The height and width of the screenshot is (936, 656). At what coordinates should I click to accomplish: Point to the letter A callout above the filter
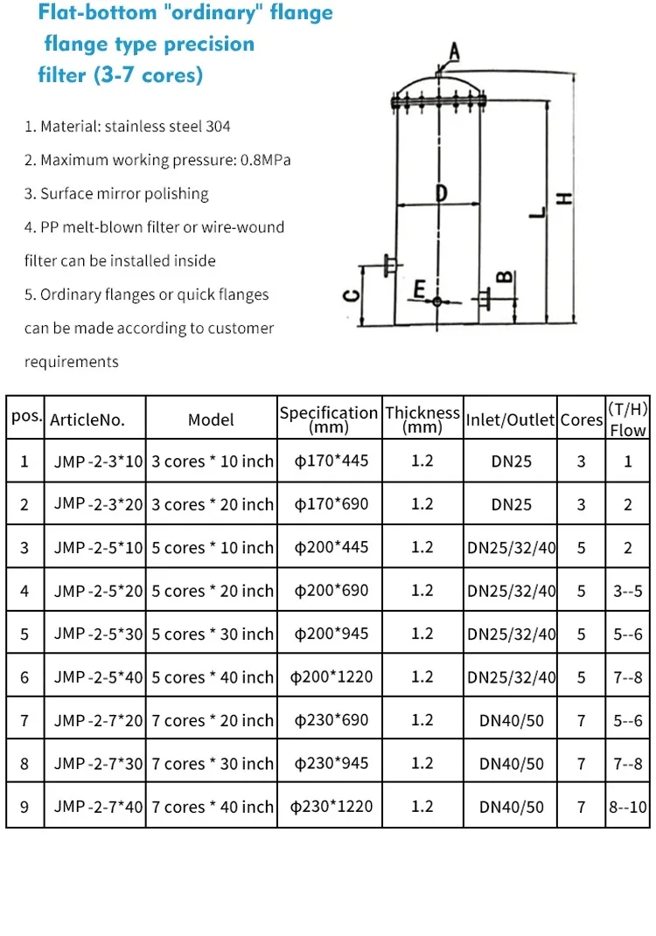[x=453, y=52]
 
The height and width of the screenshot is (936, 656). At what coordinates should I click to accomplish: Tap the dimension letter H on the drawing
[x=566, y=199]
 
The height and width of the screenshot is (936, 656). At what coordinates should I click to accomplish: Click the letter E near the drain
[x=420, y=289]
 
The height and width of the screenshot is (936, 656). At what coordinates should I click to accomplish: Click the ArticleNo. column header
[x=87, y=419]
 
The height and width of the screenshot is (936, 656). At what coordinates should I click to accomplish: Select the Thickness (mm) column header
[x=422, y=419]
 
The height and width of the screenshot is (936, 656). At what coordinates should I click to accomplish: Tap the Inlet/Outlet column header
[x=511, y=419]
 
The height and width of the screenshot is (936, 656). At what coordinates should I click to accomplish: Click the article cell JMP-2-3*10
[x=98, y=461]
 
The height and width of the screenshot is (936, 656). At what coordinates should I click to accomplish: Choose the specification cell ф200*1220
[x=329, y=676]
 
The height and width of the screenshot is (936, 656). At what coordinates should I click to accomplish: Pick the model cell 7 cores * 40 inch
[x=213, y=807]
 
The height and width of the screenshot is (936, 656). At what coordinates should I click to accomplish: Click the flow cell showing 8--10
[x=627, y=807]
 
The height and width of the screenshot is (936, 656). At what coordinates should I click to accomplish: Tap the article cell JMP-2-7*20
[x=98, y=720]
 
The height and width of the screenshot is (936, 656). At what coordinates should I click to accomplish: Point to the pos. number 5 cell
[x=24, y=634]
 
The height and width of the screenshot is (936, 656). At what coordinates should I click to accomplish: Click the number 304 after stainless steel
[x=218, y=127]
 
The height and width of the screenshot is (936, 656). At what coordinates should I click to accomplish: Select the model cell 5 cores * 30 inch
[x=213, y=634]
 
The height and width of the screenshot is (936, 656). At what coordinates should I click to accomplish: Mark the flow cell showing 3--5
[x=627, y=591]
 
